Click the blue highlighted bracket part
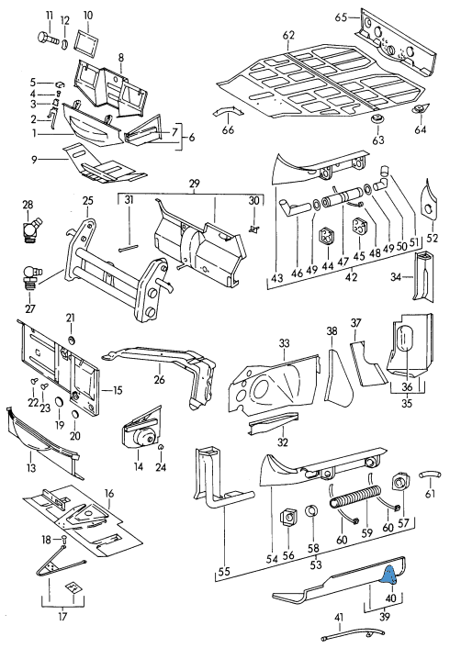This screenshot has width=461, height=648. (x=390, y=575)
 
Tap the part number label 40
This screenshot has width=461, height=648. (x=390, y=598)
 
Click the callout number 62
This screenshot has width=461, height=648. (x=288, y=35)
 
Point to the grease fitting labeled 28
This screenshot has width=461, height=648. (x=30, y=229)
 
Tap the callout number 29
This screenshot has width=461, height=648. (x=195, y=183)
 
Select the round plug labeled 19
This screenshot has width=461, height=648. (x=59, y=402)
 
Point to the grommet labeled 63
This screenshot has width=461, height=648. (x=377, y=121)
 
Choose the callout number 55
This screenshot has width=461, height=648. (x=224, y=572)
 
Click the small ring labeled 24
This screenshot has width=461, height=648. (x=162, y=447)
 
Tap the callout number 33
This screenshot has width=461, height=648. (x=284, y=343)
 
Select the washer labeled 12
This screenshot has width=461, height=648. (x=65, y=43)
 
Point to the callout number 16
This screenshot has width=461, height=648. (x=109, y=494)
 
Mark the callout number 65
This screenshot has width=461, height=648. (x=341, y=17)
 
